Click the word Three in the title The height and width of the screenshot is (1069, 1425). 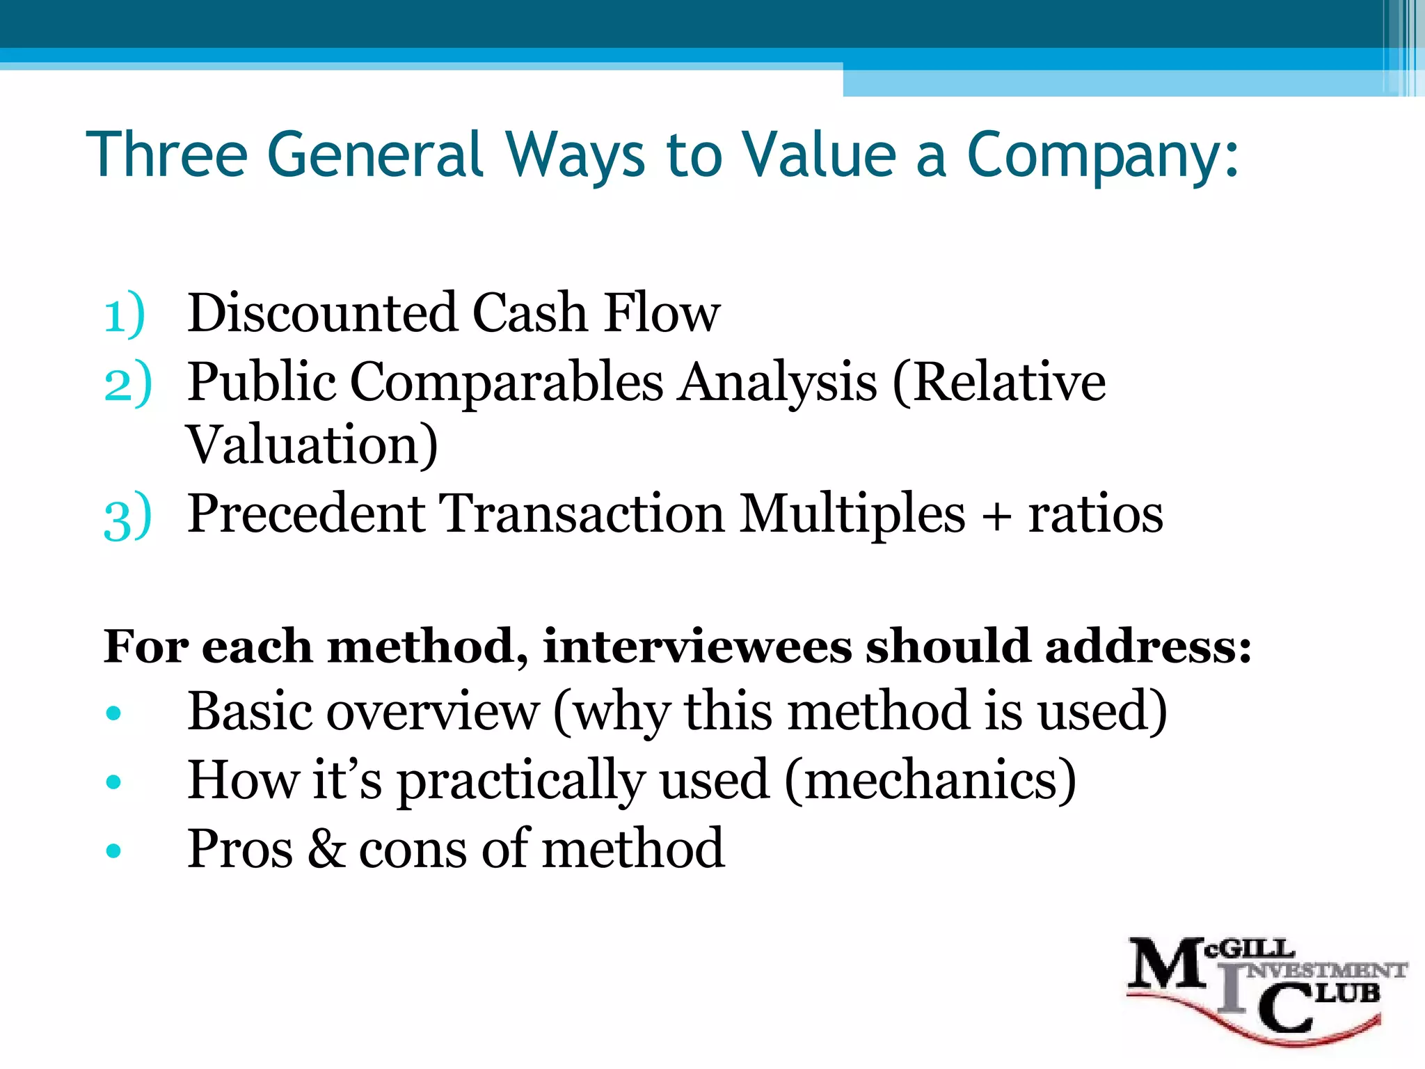tap(167, 154)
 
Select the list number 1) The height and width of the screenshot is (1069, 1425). tap(125, 314)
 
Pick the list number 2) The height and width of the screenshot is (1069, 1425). tap(127, 382)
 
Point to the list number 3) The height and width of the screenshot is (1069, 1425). tap(127, 516)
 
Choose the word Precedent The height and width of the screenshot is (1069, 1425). tap(306, 514)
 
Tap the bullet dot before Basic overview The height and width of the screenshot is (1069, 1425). tap(113, 713)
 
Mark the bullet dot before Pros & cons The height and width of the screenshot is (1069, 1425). tap(113, 850)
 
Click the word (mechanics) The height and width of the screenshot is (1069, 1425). tap(930, 780)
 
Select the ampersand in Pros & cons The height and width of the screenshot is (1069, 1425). tap(326, 848)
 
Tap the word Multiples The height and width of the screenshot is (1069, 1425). tap(852, 514)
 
